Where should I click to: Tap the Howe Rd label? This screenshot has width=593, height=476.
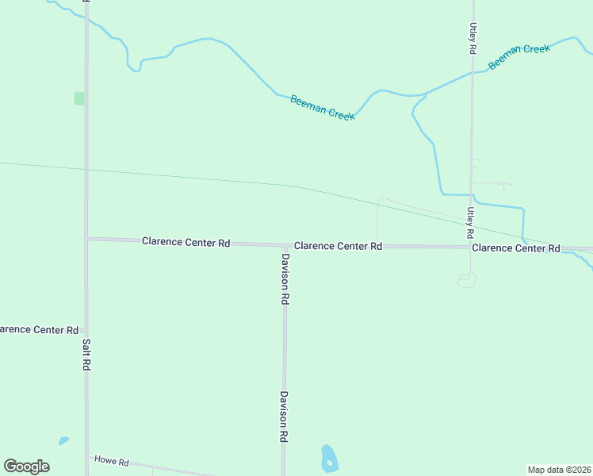pyautogui.click(x=111, y=460)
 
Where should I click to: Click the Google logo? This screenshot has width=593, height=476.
pyautogui.click(x=26, y=466)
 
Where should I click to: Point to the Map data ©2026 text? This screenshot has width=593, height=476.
pyautogui.click(x=559, y=469)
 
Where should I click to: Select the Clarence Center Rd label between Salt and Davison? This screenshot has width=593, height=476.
pyautogui.click(x=186, y=242)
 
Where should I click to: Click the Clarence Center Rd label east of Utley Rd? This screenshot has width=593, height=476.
pyautogui.click(x=515, y=248)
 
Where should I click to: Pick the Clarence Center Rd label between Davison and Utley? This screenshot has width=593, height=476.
pyautogui.click(x=338, y=247)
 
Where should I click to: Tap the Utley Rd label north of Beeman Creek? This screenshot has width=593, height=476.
pyautogui.click(x=472, y=38)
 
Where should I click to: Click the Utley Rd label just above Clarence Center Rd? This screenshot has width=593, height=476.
pyautogui.click(x=470, y=224)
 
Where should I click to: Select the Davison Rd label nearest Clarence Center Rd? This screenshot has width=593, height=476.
pyautogui.click(x=285, y=280)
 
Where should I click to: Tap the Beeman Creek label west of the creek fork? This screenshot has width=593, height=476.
pyautogui.click(x=322, y=108)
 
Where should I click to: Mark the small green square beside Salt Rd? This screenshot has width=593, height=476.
pyautogui.click(x=79, y=98)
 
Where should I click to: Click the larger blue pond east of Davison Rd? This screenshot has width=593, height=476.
pyautogui.click(x=328, y=457)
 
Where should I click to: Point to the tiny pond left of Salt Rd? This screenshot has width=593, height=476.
pyautogui.click(x=63, y=440)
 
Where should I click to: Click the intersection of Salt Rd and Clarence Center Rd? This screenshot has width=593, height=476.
pyautogui.click(x=87, y=238)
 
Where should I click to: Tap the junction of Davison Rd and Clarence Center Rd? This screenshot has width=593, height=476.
pyautogui.click(x=285, y=245)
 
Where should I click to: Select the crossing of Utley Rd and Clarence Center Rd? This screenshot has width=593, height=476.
pyautogui.click(x=470, y=247)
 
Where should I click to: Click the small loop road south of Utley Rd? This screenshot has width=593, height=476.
pyautogui.click(x=466, y=279)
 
